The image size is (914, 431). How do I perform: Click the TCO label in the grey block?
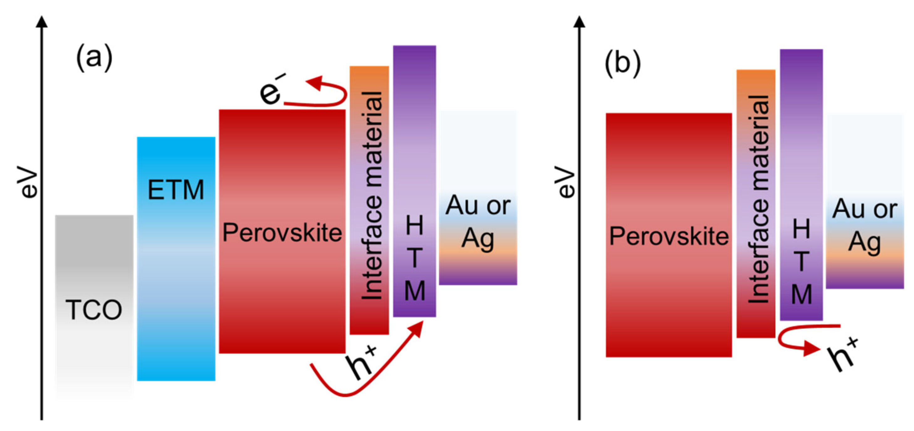pos(94,310)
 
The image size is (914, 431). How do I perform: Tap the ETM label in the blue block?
pos(176,190)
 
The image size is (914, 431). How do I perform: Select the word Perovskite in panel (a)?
pos(282,233)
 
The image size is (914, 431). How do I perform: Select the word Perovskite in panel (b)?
pos(669,236)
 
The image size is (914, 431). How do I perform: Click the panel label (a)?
pos(94,58)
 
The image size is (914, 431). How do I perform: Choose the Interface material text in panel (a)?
pos(371,195)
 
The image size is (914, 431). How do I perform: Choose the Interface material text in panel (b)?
pos(758,199)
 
